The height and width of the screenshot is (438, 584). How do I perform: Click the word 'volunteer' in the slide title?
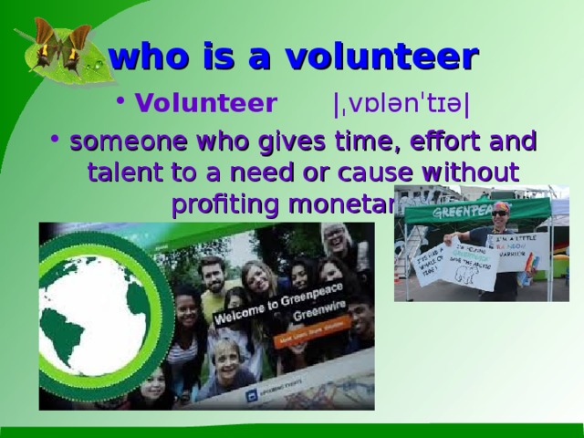coord(382,57)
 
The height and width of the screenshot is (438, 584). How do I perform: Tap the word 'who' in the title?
coord(144,57)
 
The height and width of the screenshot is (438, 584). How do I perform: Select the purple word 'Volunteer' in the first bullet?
coord(206,102)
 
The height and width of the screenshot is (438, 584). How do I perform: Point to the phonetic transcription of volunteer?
coord(401,103)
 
